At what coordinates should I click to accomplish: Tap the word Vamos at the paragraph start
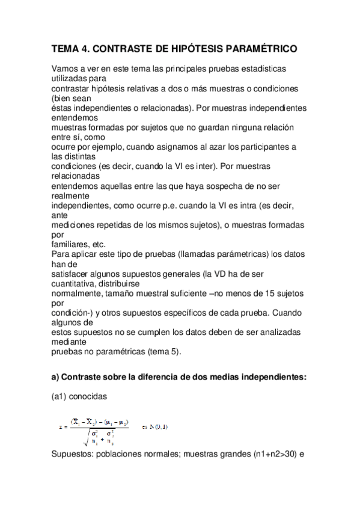pos(66,69)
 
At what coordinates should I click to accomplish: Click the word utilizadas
pos(70,78)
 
